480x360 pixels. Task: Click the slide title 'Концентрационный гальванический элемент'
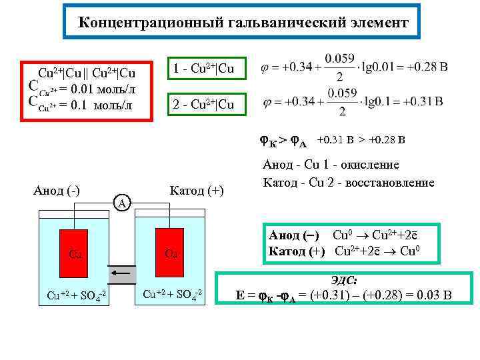[x=243, y=23]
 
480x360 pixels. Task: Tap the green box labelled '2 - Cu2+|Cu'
[x=203, y=105]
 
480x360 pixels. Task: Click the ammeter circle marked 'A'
[x=122, y=201]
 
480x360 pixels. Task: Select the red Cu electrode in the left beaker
[x=74, y=254]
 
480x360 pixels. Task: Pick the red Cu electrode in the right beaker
[x=171, y=254]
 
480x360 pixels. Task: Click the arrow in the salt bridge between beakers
[x=121, y=273]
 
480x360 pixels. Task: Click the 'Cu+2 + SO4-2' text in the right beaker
[x=172, y=294]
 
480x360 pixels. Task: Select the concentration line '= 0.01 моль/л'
[x=99, y=89]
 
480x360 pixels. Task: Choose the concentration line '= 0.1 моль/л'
[x=96, y=105]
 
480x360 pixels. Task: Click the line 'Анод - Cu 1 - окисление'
[x=331, y=165]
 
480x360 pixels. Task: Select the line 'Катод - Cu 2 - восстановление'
[x=349, y=182]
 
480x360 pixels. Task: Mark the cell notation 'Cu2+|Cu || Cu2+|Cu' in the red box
[x=87, y=73]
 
